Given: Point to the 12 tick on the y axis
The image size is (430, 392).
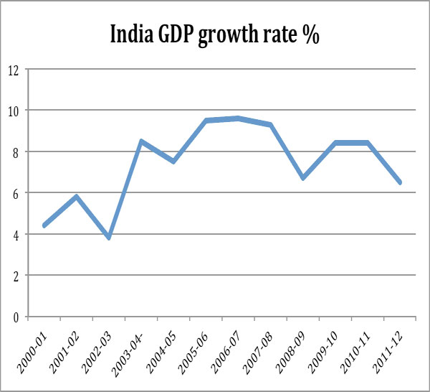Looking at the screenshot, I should point(13,70).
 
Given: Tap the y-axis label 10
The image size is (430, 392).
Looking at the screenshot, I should point(13,111).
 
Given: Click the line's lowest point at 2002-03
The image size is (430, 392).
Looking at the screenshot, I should point(109,238).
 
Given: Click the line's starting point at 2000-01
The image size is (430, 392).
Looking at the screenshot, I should point(44,225).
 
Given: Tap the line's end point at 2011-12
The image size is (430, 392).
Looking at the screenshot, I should point(400,182).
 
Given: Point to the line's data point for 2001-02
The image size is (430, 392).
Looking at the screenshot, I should point(77,197).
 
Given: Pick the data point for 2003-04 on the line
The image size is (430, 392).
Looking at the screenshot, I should point(141,141).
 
